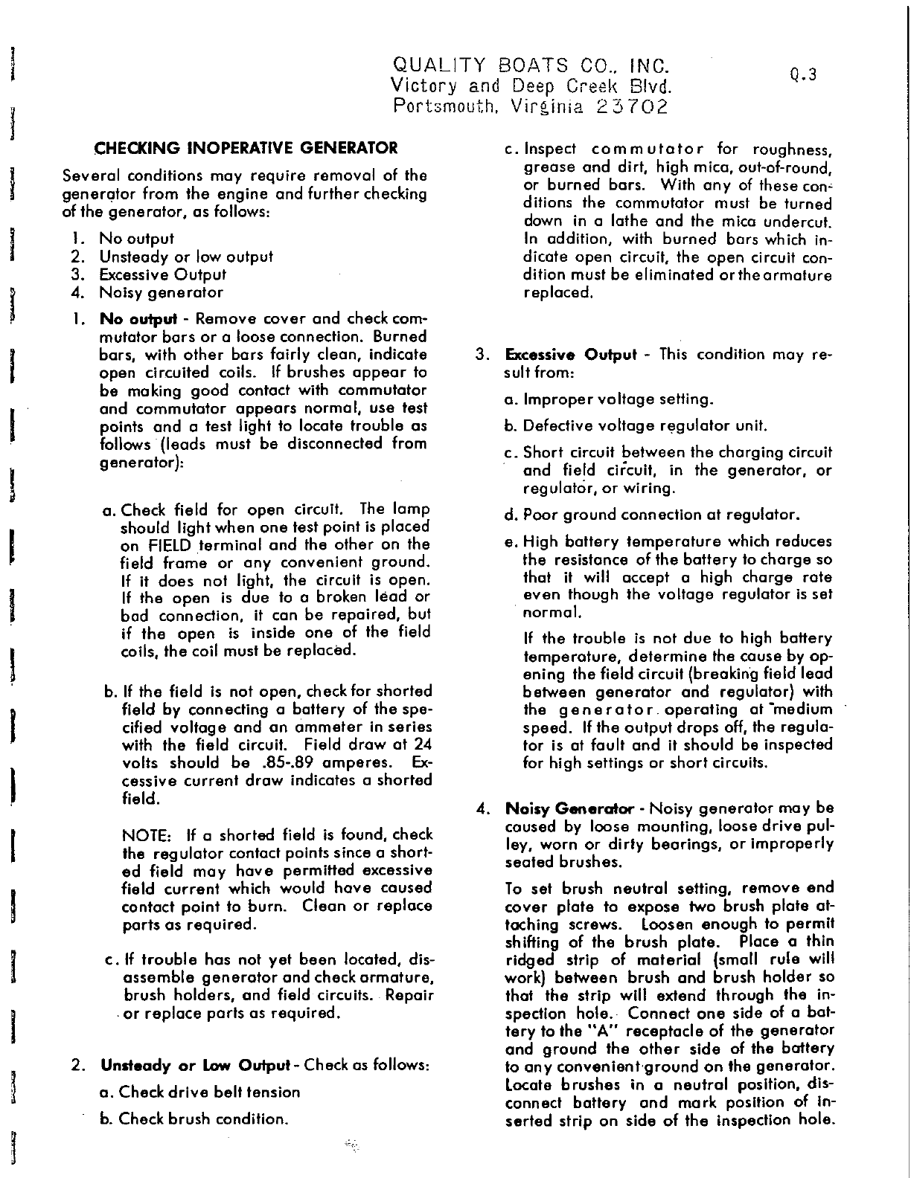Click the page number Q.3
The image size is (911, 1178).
804,74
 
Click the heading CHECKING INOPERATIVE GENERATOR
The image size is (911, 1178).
246,147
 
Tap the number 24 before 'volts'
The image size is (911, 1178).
421,745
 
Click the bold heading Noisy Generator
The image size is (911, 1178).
569,808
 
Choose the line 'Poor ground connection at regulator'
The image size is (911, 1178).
652,515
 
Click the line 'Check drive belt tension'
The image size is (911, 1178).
199,1092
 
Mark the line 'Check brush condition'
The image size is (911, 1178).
194,1119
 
